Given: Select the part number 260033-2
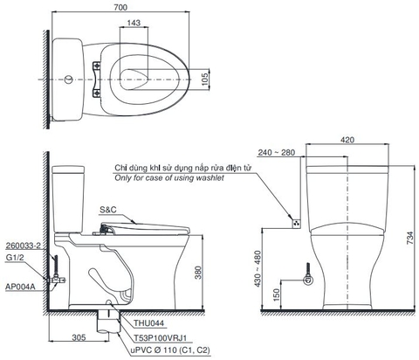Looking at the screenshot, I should [x=22, y=247].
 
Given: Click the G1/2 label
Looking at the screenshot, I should [x=16, y=258].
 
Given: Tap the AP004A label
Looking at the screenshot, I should [x=19, y=284].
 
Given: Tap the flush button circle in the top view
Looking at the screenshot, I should [x=67, y=80].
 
